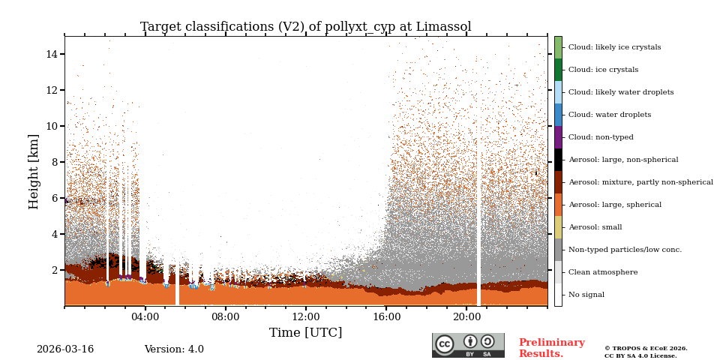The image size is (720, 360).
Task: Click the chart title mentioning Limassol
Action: coord(305,27)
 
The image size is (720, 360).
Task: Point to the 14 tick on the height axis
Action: coord(52,54)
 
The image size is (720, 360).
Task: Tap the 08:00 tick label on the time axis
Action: coord(225,316)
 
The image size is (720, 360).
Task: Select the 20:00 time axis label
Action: coord(466,316)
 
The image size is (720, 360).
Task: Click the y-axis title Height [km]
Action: coord(34,171)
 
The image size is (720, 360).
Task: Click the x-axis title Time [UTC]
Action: coord(305,333)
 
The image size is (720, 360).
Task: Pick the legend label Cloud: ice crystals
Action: coord(603,70)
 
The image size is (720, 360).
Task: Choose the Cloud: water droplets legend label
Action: coord(610,115)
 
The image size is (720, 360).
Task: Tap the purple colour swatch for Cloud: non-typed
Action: coord(558,137)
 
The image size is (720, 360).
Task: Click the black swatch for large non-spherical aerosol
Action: coord(558,160)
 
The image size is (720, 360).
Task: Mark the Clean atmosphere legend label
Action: coord(603,272)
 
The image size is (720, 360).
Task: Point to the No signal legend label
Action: coord(586,295)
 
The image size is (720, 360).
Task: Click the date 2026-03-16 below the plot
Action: coord(65,349)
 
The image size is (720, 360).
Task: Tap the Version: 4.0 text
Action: coord(174,349)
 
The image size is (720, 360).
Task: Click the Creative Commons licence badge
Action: coord(468,345)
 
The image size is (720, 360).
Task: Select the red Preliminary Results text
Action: coord(551,348)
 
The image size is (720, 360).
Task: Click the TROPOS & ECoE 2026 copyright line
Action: coord(646,348)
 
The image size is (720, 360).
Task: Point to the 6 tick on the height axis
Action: coord(55,198)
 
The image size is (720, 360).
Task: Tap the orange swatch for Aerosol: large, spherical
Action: coord(558,205)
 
